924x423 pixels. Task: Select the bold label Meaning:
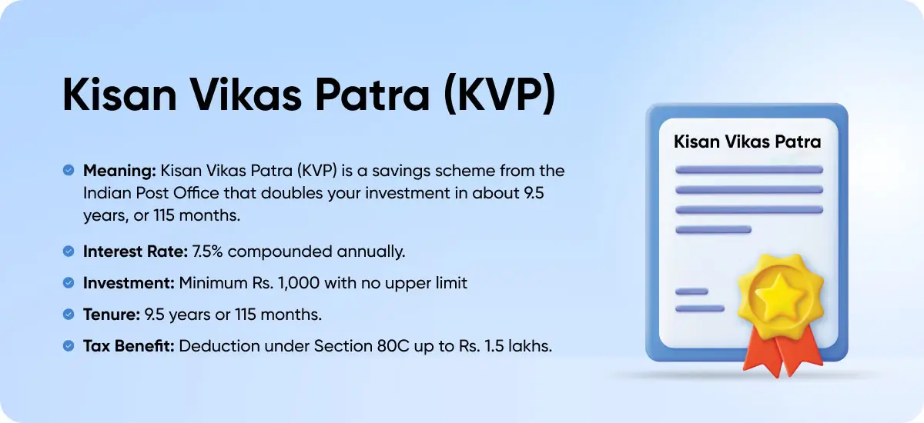[x=119, y=170]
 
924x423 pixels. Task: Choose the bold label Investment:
[x=129, y=283]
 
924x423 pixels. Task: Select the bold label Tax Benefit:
[x=129, y=346]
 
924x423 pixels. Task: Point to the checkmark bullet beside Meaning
[x=69, y=170]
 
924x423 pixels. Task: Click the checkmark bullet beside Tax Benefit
[x=69, y=346]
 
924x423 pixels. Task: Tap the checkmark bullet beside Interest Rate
[x=69, y=251]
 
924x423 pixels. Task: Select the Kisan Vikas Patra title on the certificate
[x=747, y=142]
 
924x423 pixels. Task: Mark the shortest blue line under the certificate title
[x=691, y=291]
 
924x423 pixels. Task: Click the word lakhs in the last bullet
[x=531, y=346]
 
